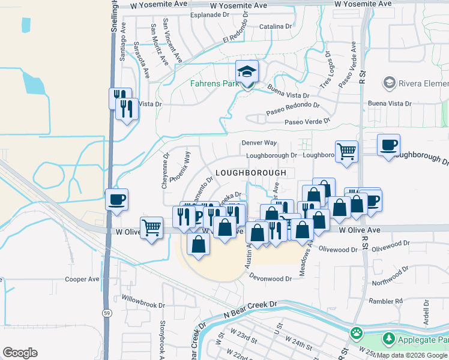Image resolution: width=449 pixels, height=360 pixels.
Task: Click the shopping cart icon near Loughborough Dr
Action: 346,152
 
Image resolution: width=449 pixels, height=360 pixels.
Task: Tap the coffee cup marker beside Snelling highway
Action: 116,199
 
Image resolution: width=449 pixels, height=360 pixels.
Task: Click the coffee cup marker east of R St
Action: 388,145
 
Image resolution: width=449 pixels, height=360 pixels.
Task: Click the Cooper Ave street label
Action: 82,279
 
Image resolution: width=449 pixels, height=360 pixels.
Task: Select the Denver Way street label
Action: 259,143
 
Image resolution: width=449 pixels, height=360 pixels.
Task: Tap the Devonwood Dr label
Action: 271,278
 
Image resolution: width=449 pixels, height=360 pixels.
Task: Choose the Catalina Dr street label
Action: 275,26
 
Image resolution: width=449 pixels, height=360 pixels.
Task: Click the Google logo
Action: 20,353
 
